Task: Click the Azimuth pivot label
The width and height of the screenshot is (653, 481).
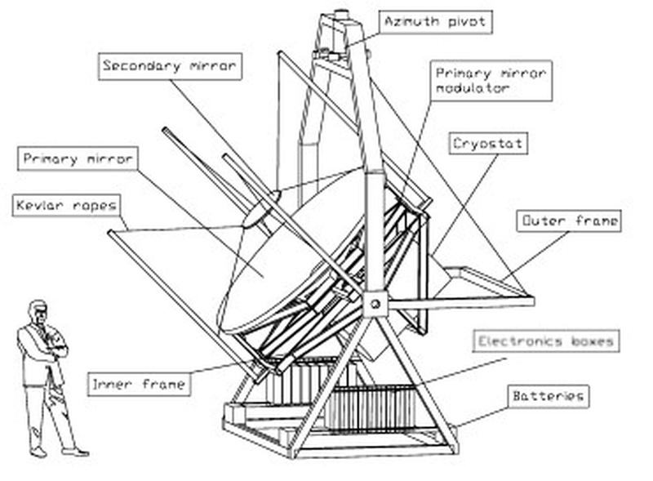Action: (x=435, y=22)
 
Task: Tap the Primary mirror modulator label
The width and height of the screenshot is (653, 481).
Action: (x=491, y=80)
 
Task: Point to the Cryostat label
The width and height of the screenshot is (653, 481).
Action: (x=488, y=144)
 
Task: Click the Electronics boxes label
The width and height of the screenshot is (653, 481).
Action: (x=545, y=341)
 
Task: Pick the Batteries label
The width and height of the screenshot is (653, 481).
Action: (x=548, y=397)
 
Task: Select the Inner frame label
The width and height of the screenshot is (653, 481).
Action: (x=139, y=384)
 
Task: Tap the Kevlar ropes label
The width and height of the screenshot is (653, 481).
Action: (x=66, y=205)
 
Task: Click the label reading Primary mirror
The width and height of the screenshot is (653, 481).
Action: (x=78, y=159)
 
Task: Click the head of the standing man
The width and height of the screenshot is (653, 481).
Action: (x=38, y=313)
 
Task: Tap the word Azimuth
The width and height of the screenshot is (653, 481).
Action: (x=413, y=22)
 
